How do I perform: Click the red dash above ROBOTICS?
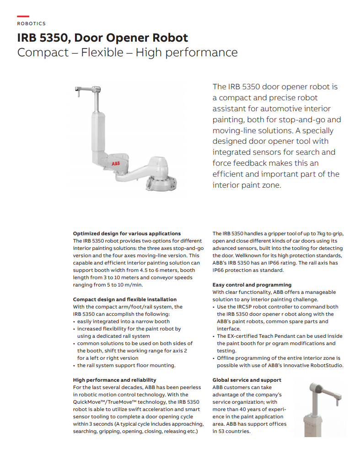click(x=23, y=17)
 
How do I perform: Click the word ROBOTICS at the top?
click(x=32, y=23)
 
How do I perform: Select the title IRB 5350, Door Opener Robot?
click(x=102, y=38)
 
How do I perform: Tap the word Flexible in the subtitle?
click(x=102, y=52)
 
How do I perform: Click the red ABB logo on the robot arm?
click(x=116, y=163)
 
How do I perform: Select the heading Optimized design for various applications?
click(x=127, y=233)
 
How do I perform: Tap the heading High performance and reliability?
click(x=114, y=380)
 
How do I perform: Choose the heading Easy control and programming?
click(x=252, y=285)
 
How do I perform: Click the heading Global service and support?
click(x=247, y=380)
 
